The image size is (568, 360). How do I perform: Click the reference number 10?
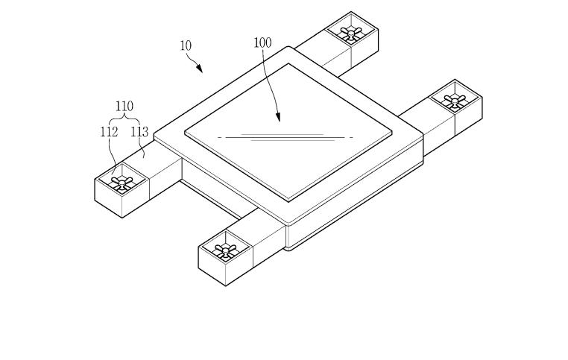[x=186, y=46]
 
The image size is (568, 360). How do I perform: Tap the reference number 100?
[x=262, y=42]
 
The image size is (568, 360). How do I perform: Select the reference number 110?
[x=124, y=107]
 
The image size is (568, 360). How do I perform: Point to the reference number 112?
[x=109, y=132]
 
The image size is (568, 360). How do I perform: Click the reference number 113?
[x=139, y=132]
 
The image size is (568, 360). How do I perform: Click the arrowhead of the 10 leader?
[x=199, y=68]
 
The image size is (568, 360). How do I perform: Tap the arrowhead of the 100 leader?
[x=278, y=117]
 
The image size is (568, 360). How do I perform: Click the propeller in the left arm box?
[x=122, y=182]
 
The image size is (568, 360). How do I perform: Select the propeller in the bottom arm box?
[x=225, y=250]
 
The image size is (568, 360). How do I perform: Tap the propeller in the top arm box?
[x=350, y=34]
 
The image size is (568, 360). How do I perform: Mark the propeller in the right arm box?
[x=455, y=101]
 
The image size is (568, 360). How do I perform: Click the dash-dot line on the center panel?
[x=285, y=138]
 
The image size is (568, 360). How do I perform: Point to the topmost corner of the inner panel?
[x=288, y=63]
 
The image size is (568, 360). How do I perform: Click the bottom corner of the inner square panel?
[x=288, y=201]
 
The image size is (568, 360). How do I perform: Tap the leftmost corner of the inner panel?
[x=185, y=133]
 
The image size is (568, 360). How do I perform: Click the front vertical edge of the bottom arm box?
[x=226, y=268]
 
